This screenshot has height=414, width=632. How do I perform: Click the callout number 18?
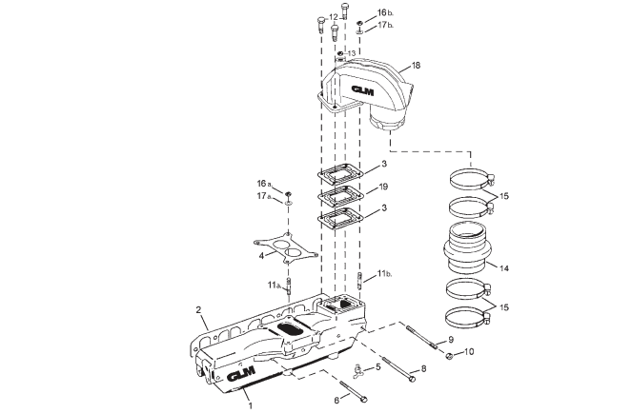pos(415,68)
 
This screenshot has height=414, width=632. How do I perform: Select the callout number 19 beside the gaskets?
pos(382,187)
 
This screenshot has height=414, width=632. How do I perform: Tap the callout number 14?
pos(504,269)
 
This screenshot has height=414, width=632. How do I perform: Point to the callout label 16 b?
pos(383,13)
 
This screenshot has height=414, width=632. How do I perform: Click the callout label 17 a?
pos(263,196)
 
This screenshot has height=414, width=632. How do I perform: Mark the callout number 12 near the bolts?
pos(333,17)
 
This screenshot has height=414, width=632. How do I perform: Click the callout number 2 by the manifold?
pos(197,310)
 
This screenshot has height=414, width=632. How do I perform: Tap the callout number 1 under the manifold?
pos(252,404)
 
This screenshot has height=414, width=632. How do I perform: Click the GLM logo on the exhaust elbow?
pos(364,90)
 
